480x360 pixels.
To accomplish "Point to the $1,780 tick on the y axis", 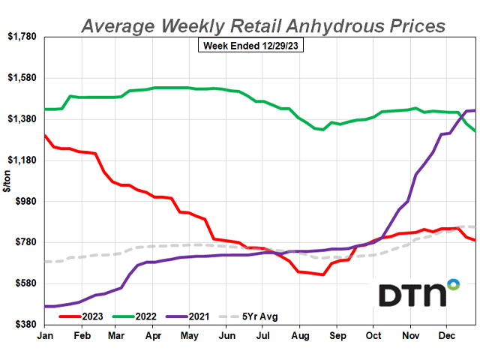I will (x=22, y=37).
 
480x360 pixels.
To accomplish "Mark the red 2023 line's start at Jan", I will (x=44, y=135).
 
